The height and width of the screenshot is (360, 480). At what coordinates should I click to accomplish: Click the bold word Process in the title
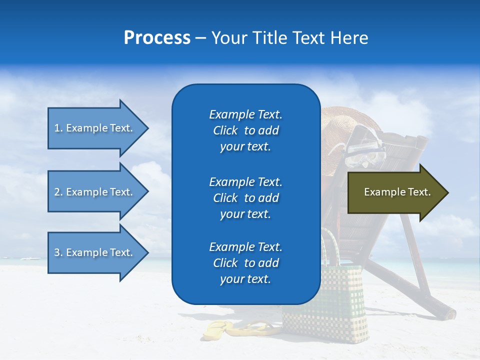coord(157,38)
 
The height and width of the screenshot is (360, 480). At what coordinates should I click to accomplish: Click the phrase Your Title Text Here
coord(289,38)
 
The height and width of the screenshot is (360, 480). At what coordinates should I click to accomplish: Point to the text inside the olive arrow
coord(397,192)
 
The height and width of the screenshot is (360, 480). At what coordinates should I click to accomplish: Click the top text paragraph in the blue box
coord(245,130)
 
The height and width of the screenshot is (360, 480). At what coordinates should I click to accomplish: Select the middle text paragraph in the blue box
coord(245,198)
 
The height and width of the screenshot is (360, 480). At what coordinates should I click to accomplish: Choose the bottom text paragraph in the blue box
coord(245,263)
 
